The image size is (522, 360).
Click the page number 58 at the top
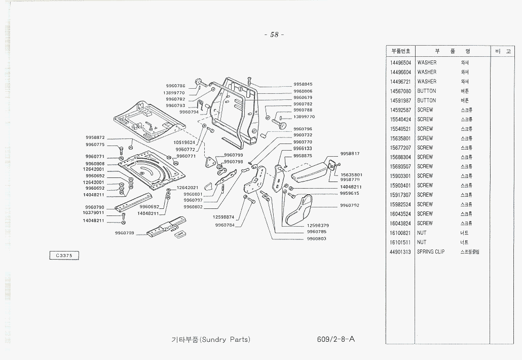click(274, 34)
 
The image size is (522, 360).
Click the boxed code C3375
click(64, 256)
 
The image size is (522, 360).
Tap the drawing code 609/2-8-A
click(334, 339)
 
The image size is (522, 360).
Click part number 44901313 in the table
click(400, 251)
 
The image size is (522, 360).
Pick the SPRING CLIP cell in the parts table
click(431, 251)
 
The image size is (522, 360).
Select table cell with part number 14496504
click(400, 62)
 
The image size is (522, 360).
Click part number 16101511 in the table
click(400, 242)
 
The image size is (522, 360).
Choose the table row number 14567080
click(400, 91)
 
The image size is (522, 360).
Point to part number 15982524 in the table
click(400, 204)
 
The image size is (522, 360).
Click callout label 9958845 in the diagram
click(303, 84)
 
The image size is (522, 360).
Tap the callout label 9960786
click(175, 86)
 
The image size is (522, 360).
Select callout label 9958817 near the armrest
click(350, 153)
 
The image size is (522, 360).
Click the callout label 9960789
click(124, 233)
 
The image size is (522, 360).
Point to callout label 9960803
click(317, 238)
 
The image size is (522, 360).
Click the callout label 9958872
click(95, 137)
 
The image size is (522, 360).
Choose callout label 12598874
click(223, 217)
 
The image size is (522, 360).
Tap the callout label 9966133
click(303, 149)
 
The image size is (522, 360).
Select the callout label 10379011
click(93, 212)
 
